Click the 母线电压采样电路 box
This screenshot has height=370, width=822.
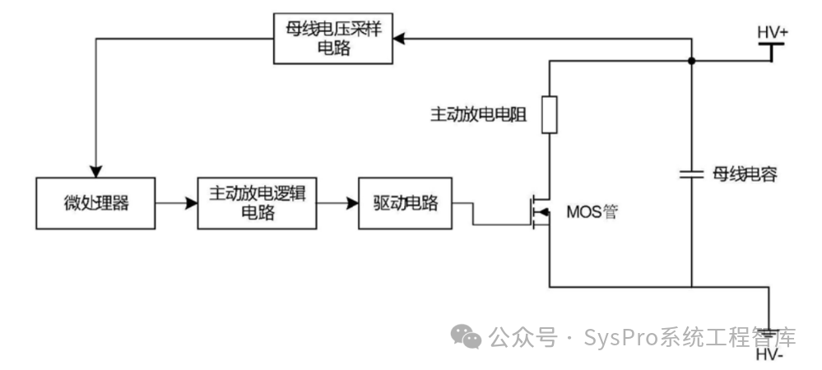tap(333, 39)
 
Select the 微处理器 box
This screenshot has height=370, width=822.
tap(95, 203)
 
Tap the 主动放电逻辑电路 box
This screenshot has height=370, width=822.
tap(257, 203)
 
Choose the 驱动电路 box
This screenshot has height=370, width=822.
tap(405, 203)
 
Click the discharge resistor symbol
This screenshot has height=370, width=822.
tap(550, 115)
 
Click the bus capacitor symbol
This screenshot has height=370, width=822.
tap(691, 174)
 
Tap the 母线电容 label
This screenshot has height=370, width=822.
tap(745, 174)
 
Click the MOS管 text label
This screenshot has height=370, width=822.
tap(592, 212)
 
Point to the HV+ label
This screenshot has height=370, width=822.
tap(773, 33)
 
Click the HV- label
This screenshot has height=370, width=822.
tap(769, 356)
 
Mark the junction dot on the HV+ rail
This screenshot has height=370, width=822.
tap(691, 62)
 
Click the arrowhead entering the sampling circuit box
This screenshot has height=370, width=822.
tap(399, 39)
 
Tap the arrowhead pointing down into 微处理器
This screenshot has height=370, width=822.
tap(95, 171)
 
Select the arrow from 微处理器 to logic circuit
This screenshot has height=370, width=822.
tap(176, 203)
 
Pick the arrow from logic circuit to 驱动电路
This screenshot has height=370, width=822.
tap(337, 203)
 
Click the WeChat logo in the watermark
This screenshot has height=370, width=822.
tap(466, 336)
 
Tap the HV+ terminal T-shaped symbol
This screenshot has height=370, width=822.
tap(771, 52)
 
